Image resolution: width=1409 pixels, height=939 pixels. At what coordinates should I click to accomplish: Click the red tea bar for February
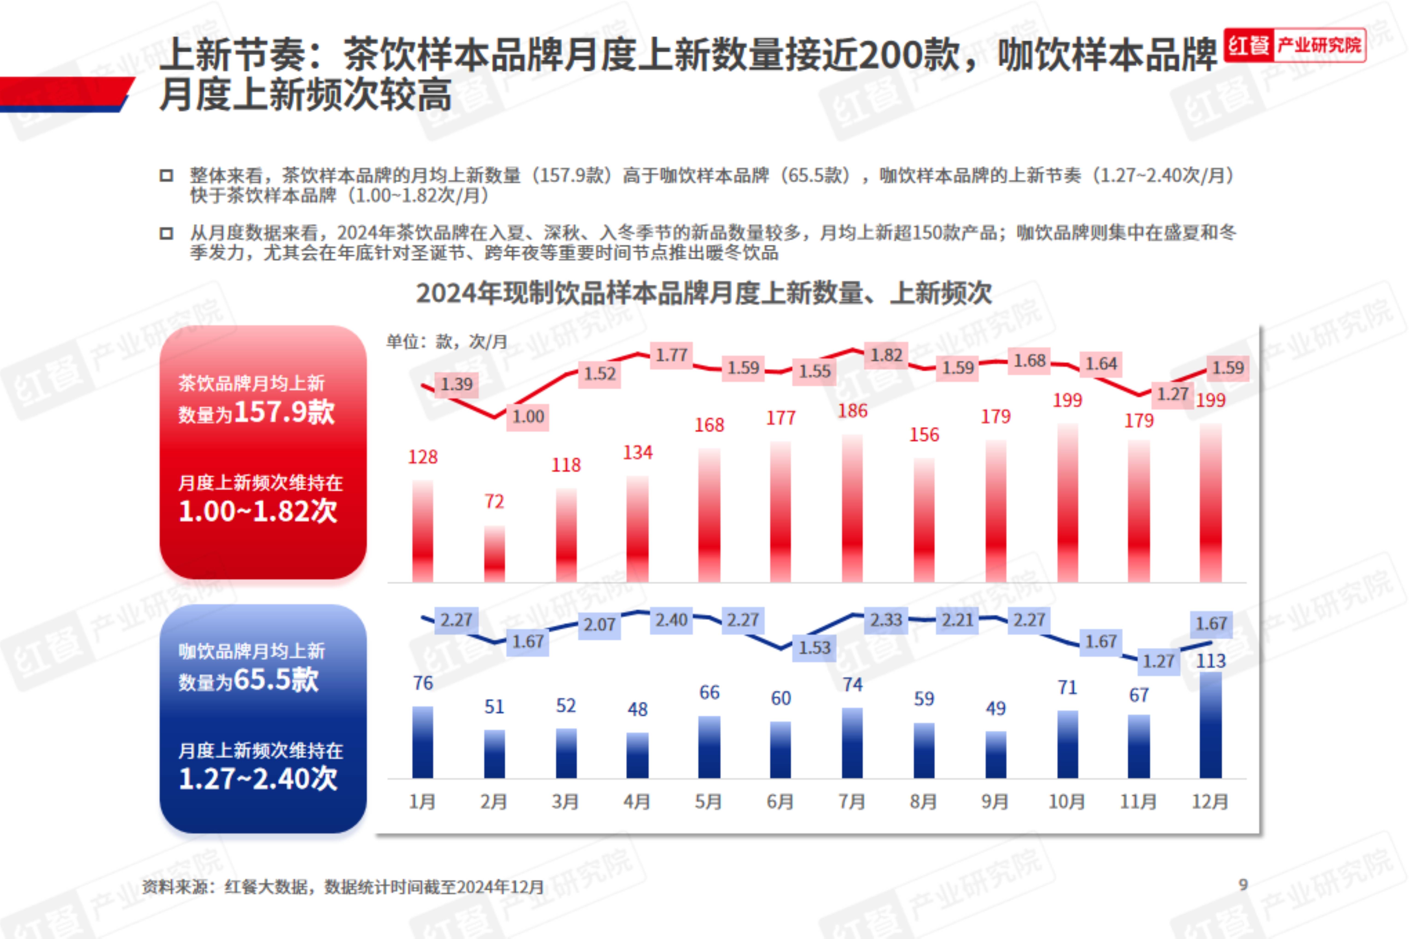point(494,554)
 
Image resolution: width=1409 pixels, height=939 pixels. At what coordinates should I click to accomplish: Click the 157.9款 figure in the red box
point(285,412)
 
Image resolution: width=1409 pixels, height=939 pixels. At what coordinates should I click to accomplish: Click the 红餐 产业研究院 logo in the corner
point(1295,45)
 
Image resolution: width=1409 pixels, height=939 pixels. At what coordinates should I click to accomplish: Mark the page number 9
point(1243,884)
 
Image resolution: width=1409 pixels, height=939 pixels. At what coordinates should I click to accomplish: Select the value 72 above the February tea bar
point(494,501)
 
